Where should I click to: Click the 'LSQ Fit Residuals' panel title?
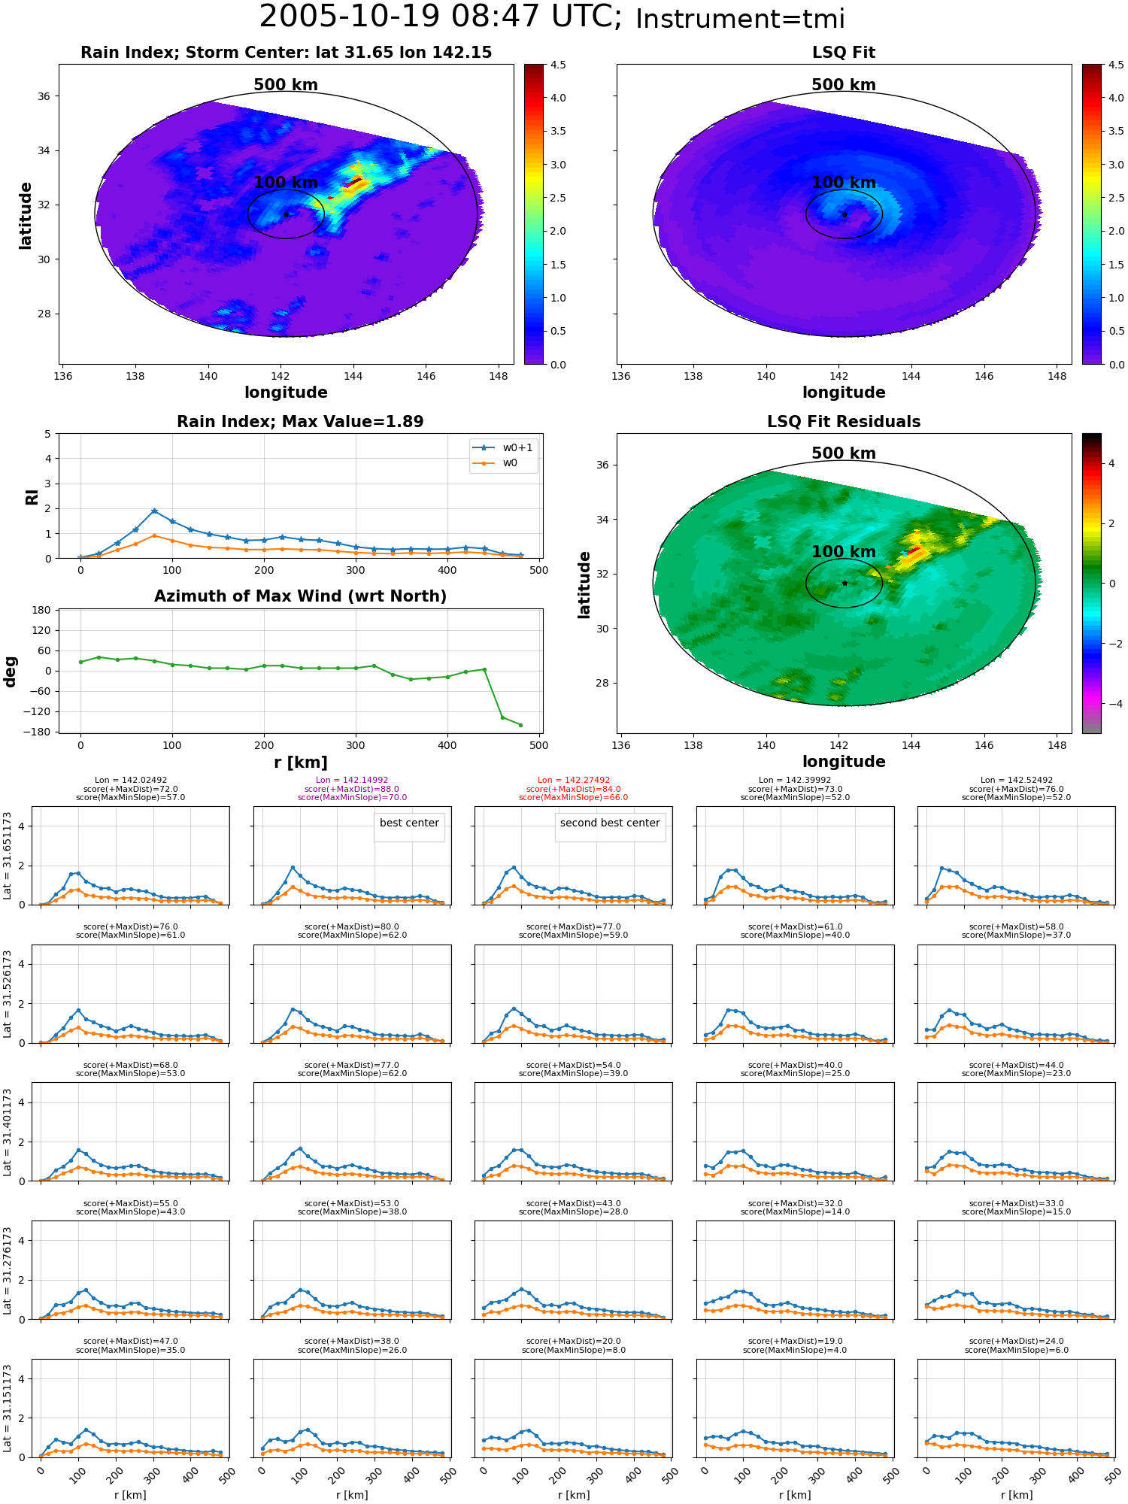point(844,422)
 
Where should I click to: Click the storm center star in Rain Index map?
point(286,214)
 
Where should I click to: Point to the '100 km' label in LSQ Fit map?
point(844,183)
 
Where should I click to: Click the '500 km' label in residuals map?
point(844,453)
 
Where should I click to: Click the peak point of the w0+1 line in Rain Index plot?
point(154,511)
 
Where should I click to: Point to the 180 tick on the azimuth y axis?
point(42,610)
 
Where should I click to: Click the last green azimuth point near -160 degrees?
point(520,725)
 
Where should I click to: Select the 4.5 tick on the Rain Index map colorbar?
point(558,65)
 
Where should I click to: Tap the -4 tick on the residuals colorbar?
point(1112,704)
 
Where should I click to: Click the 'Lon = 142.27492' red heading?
point(574,781)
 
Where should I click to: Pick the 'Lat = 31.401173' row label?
point(8,1132)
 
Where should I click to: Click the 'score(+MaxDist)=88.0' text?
point(352,789)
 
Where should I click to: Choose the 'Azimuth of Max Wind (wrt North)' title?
point(300,596)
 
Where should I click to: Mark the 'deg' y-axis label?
point(11,672)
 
